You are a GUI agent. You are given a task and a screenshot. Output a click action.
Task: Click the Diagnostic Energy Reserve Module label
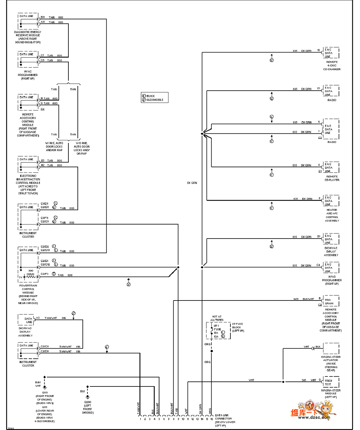point(28,37)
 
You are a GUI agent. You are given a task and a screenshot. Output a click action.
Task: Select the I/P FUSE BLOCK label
point(237,327)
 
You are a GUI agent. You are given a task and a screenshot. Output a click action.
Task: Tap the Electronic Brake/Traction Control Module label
point(28,184)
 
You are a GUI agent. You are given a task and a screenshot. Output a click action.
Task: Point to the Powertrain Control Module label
point(28,294)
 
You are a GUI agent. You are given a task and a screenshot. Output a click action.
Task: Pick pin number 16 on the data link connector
point(212,419)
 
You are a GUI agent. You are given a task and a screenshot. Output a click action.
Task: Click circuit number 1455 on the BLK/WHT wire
point(296,299)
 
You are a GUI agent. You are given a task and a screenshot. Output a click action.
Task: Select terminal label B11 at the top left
point(42,17)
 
